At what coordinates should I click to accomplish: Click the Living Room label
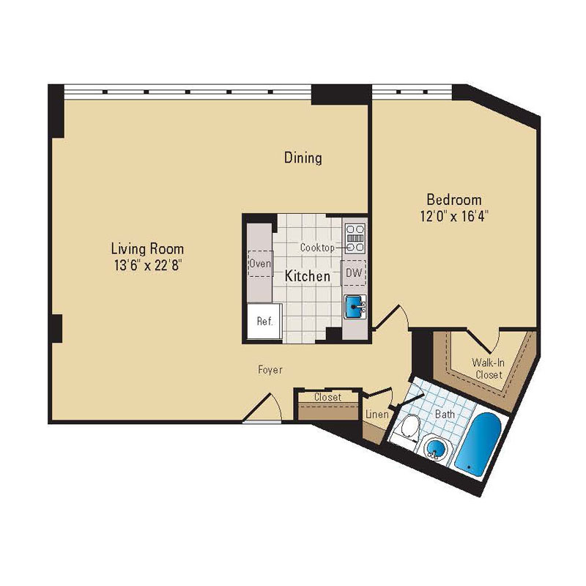point(147,248)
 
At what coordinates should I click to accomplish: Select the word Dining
point(303,157)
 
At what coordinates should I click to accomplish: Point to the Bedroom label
point(454,199)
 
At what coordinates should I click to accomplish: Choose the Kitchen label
point(307,277)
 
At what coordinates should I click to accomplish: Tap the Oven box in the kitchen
point(260,264)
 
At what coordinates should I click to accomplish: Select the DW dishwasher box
point(354,272)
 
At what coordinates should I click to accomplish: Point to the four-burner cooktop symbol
point(355,233)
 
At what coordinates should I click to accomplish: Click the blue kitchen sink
point(355,305)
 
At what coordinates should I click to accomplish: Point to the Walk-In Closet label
point(487,368)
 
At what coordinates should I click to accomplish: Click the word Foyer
point(270,371)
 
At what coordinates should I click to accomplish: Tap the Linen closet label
point(376,415)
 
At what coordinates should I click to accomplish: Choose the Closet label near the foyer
point(327,397)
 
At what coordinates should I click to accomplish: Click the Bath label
point(445,415)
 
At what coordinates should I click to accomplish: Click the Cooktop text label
point(317,248)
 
